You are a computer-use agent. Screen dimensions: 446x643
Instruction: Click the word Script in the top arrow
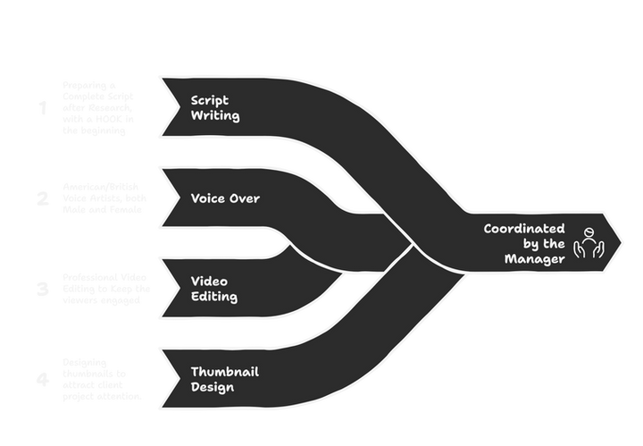pyautogui.click(x=210, y=99)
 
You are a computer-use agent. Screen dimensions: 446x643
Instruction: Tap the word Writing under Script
pyautogui.click(x=215, y=115)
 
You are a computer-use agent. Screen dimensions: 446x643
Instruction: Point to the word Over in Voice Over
pyautogui.click(x=246, y=198)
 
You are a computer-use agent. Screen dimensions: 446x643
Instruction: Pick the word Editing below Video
pyautogui.click(x=214, y=297)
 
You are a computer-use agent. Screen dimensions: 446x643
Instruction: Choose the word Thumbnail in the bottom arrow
pyautogui.click(x=225, y=371)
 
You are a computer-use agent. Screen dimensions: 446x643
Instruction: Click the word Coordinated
pyautogui.click(x=524, y=229)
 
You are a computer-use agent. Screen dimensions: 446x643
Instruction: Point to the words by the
pyautogui.click(x=543, y=244)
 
